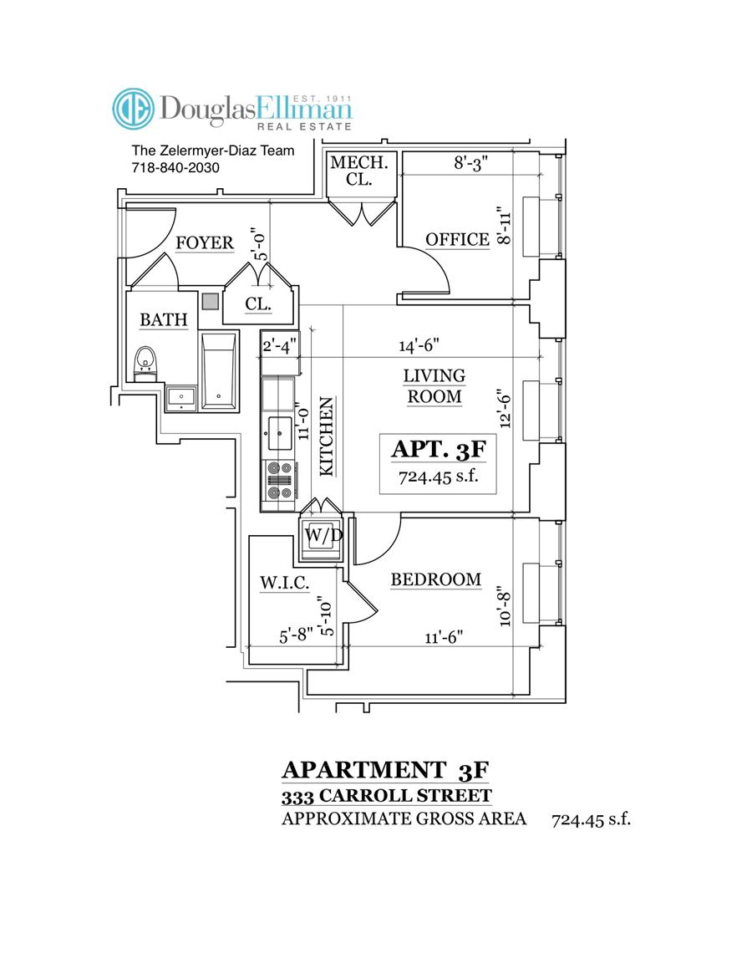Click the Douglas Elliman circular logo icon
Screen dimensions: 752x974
tap(134, 110)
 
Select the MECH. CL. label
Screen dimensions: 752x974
tap(358, 170)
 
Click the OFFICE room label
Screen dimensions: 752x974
tap(457, 239)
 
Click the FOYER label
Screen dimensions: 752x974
tap(204, 242)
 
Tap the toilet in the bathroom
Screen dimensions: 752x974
tap(146, 361)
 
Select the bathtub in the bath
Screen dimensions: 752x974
tap(219, 371)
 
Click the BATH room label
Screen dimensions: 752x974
tap(163, 319)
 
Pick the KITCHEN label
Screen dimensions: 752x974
tap(327, 436)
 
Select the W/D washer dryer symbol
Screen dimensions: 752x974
tap(320, 535)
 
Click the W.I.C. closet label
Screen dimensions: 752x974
tap(284, 583)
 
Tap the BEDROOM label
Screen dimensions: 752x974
tap(435, 579)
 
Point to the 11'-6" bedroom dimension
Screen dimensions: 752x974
tap(444, 637)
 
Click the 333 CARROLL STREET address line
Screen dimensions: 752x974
tap(386, 795)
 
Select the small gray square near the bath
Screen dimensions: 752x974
tap(211, 300)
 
